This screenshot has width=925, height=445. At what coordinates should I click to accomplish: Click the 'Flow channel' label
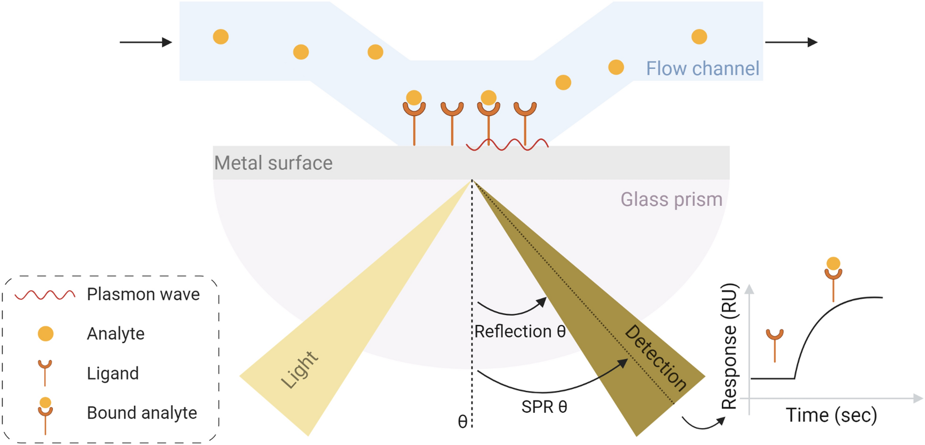[702, 68]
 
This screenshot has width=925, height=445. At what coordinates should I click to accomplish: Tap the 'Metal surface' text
[273, 163]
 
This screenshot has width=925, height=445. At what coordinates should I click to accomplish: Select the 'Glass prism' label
[671, 199]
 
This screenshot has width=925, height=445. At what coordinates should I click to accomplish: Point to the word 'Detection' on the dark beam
[656, 358]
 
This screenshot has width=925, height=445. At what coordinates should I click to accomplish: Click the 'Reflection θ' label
[520, 332]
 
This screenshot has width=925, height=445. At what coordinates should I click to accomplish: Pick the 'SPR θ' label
[544, 407]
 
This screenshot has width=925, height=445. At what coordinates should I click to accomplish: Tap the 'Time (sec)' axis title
[831, 415]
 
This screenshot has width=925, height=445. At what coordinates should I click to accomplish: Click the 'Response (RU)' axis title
[729, 346]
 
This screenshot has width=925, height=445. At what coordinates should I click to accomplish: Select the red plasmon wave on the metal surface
[507, 145]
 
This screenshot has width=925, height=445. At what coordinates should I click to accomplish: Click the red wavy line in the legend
[45, 295]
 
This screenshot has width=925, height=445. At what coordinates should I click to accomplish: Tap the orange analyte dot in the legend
[45, 334]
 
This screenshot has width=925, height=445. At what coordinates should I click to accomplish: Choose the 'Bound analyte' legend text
[142, 413]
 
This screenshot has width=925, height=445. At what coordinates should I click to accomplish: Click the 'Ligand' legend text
[112, 373]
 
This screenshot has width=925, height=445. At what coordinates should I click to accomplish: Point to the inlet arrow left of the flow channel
[146, 43]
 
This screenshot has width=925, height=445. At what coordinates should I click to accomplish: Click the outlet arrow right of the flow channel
[791, 43]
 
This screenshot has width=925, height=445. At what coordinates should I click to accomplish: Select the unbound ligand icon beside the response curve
[774, 345]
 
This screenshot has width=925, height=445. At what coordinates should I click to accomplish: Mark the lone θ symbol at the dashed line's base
[462, 421]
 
